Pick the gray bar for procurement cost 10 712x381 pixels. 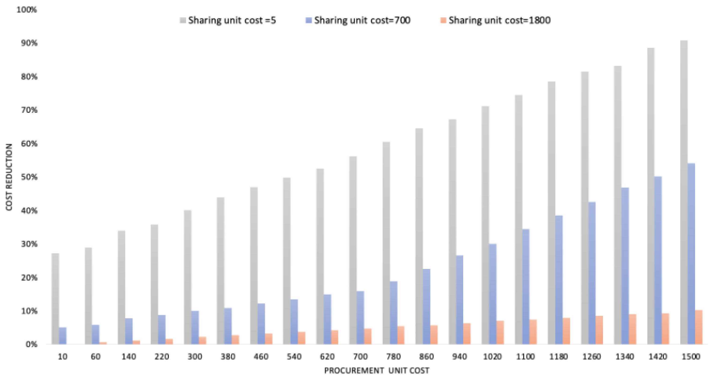tap(55, 299)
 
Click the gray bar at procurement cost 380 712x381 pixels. tap(221, 271)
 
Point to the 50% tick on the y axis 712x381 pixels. tap(29, 177)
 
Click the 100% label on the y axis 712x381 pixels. tap(26, 10)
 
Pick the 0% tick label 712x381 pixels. tap(31, 344)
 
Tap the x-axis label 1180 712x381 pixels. tap(558, 357)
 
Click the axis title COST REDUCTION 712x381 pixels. tap(9, 177)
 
